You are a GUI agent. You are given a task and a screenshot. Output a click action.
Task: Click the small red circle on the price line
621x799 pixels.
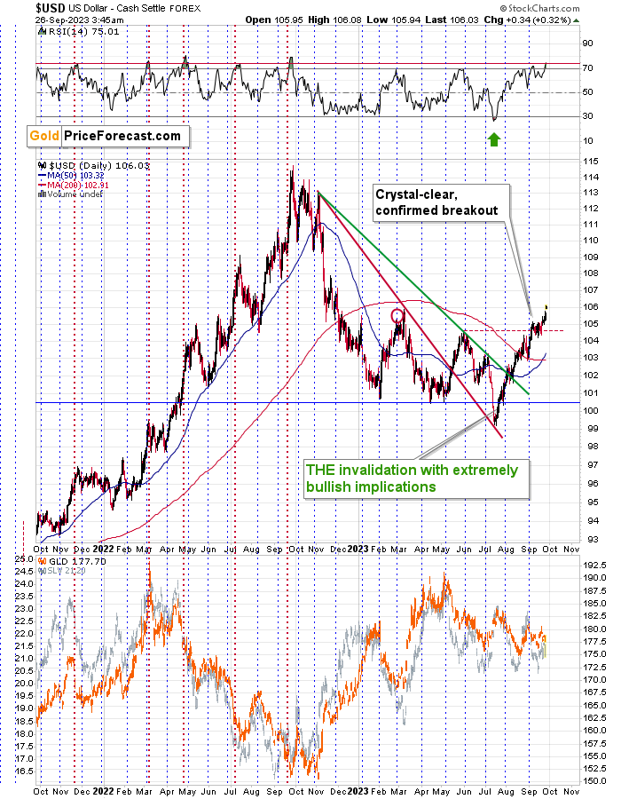(x=397, y=314)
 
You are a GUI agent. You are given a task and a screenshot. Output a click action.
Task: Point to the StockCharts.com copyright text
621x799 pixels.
(x=563, y=8)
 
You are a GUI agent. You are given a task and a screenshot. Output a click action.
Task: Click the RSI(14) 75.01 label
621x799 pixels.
(x=69, y=30)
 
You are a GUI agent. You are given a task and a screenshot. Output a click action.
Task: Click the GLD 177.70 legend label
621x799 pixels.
(x=70, y=561)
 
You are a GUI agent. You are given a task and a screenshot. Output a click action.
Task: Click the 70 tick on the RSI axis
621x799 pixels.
(x=587, y=67)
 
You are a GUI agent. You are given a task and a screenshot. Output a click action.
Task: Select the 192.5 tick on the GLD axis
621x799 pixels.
(x=593, y=562)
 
